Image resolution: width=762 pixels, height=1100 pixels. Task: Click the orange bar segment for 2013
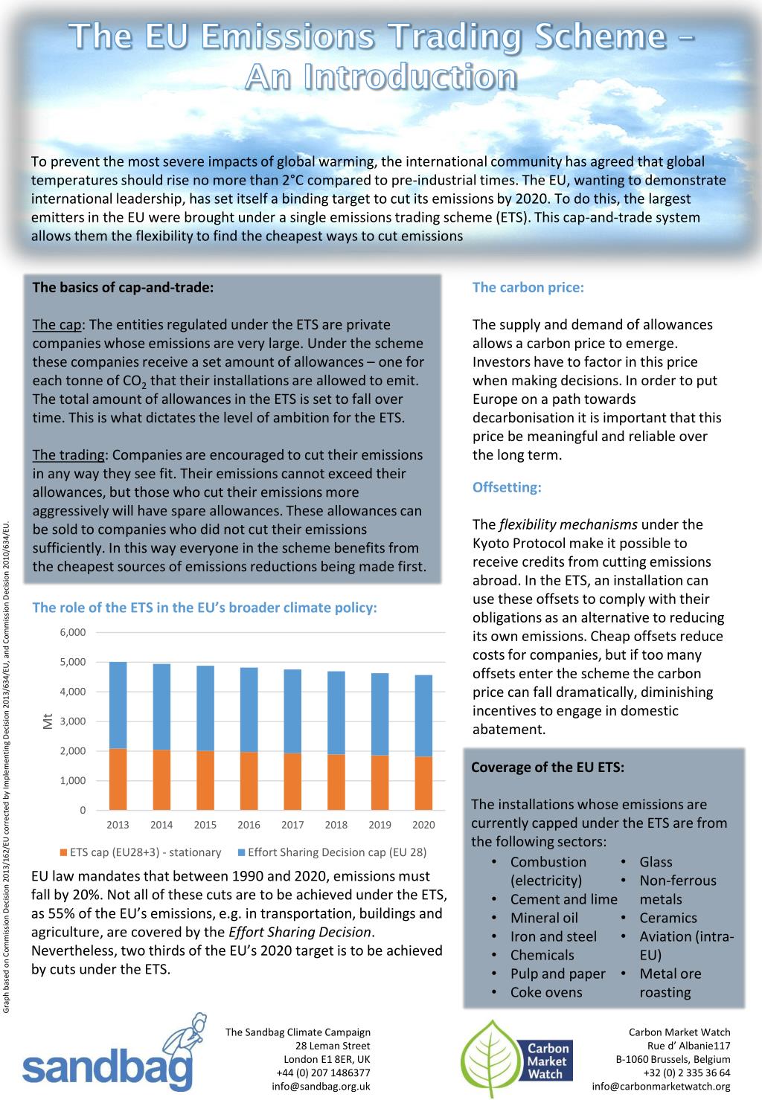coord(118,779)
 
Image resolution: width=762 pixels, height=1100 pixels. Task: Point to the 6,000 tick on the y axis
coord(73,632)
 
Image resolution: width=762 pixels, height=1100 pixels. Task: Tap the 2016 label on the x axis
coord(249,825)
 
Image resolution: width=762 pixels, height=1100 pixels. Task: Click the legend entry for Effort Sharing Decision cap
coord(332,852)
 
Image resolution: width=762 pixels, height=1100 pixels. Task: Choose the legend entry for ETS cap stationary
coord(141,852)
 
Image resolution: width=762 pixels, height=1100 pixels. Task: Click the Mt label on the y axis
coord(48,721)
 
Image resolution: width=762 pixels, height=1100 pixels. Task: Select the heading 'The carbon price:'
coord(528,288)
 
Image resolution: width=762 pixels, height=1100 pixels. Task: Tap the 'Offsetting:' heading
coord(507,488)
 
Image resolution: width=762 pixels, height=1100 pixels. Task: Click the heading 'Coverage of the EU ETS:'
coord(548,768)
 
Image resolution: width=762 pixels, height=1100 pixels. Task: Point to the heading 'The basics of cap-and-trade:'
coord(123,288)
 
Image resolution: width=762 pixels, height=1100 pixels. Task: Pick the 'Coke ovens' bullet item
coord(546,992)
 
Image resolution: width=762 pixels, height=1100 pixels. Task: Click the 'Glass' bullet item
coord(656,862)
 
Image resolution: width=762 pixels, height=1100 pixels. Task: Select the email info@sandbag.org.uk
coord(321,1086)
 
